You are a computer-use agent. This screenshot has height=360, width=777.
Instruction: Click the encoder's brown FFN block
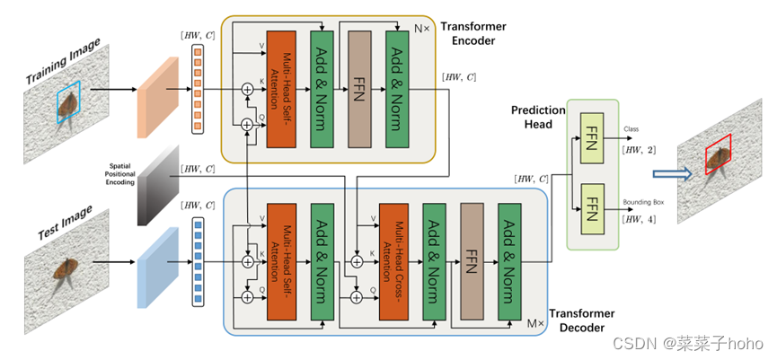[x=359, y=87]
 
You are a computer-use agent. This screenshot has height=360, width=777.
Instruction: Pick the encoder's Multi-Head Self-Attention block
[x=281, y=87]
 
